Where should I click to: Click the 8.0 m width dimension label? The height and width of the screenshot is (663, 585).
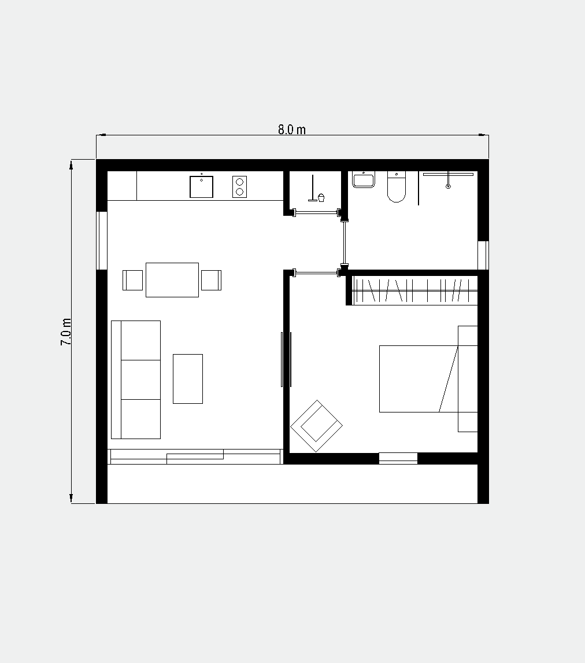click(291, 130)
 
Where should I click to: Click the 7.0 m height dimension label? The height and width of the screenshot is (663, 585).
click(66, 331)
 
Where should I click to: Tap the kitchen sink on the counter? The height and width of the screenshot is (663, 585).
click(201, 187)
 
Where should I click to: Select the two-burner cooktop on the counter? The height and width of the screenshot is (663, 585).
click(239, 187)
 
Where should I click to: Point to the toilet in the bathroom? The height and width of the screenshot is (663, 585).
click(396, 186)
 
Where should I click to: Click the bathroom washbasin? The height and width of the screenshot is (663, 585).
click(364, 179)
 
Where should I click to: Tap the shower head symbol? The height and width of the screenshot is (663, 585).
click(448, 180)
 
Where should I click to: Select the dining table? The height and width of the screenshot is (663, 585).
click(172, 280)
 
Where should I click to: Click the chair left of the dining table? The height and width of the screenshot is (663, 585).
click(132, 281)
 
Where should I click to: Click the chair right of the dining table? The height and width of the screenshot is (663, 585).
click(211, 281)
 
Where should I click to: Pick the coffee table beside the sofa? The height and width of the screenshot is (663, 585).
click(188, 379)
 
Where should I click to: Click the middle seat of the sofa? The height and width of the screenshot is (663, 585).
click(140, 380)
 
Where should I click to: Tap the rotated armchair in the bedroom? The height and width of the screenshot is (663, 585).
click(316, 426)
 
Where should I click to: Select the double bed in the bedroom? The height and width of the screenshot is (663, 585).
click(428, 379)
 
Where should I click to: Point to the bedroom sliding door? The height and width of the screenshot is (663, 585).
click(286, 359)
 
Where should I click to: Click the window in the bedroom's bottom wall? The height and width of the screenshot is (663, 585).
click(398, 458)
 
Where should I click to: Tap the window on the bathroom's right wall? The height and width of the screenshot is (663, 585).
click(483, 255)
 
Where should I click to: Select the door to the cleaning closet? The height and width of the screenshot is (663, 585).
click(316, 213)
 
